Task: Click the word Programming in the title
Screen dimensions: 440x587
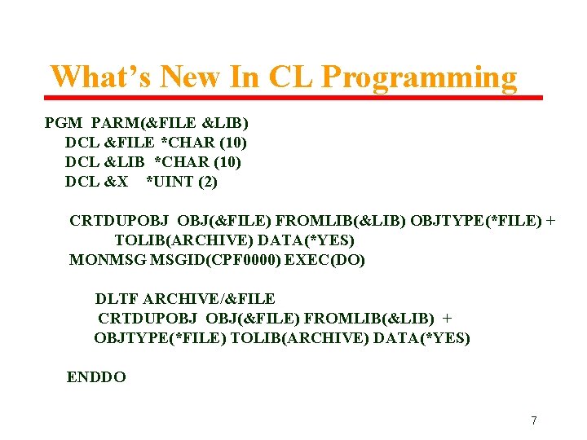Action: click(419, 77)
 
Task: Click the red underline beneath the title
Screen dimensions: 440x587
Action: click(293, 98)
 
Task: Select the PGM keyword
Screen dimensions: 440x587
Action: click(64, 123)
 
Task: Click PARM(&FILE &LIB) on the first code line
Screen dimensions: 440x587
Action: click(170, 123)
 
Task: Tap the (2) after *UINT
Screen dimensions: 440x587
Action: click(208, 182)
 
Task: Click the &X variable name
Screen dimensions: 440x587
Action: click(117, 182)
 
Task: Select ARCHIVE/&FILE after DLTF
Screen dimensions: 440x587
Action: click(210, 299)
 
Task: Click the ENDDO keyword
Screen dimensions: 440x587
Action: click(96, 377)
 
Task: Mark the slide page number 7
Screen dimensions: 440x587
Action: click(534, 420)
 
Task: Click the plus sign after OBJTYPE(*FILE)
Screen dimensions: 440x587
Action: click(550, 221)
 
